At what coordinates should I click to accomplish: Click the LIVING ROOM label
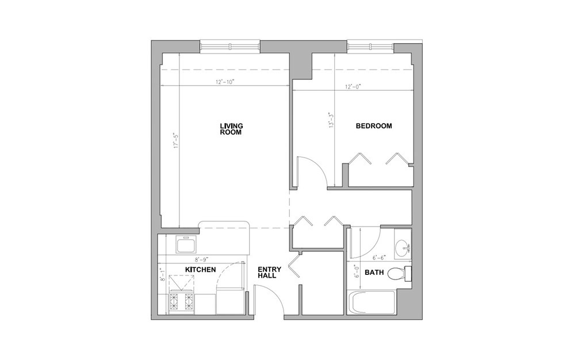(231, 129)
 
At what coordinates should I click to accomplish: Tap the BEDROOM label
(374, 126)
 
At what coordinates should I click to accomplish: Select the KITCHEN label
(200, 270)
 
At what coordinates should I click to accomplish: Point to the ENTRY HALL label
(269, 273)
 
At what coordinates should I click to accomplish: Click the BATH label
(374, 273)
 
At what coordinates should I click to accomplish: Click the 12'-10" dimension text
(225, 82)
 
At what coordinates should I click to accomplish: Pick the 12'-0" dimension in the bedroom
(353, 87)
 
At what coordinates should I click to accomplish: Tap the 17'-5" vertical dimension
(176, 140)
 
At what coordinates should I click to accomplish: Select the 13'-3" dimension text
(331, 120)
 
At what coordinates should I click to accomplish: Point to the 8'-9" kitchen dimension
(201, 260)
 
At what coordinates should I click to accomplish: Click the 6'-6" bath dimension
(380, 258)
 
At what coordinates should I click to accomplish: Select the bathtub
(371, 302)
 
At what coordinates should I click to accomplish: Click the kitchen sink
(186, 244)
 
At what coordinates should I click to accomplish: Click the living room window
(230, 47)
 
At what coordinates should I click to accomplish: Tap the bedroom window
(370, 47)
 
